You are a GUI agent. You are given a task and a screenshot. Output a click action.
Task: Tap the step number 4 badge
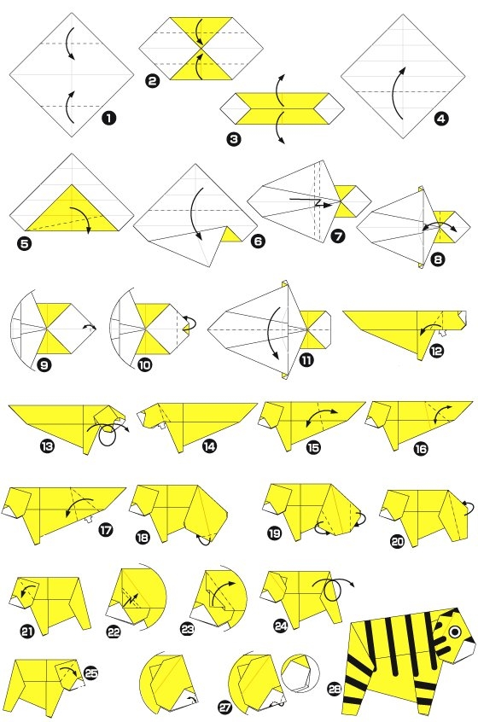440,119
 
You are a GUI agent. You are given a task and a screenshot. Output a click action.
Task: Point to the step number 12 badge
436,351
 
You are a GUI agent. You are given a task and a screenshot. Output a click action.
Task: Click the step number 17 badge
106,530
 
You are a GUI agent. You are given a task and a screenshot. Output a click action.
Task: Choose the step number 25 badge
91,673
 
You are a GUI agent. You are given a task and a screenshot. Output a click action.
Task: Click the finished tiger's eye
454,632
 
